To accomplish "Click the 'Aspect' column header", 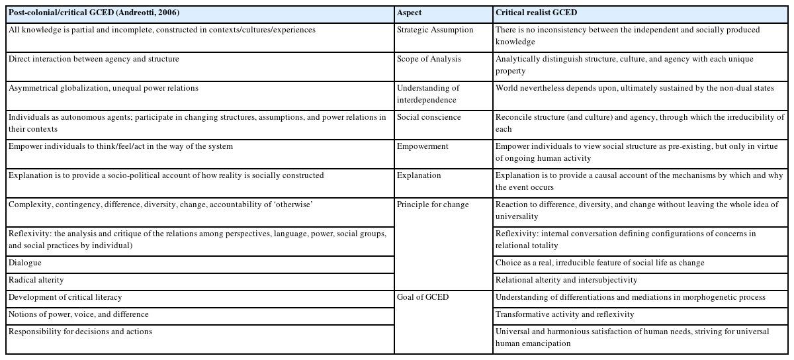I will click(410, 13).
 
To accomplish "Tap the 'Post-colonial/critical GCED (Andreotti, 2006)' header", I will click(94, 13).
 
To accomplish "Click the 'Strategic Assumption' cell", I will click(435, 30).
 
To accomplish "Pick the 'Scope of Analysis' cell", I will click(429, 59).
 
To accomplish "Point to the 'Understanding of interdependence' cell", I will click(428, 94).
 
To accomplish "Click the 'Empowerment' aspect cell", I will click(423, 146).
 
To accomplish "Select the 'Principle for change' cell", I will click(433, 204).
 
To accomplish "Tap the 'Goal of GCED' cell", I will click(423, 297).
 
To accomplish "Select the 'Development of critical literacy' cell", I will click(66, 297).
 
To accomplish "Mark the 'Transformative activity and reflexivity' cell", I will click(564, 314).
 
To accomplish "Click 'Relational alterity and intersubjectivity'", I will click(566, 280).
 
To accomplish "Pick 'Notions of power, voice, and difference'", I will click(78, 314).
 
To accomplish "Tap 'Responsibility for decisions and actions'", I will click(80, 332).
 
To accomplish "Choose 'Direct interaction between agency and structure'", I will click(94, 59).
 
